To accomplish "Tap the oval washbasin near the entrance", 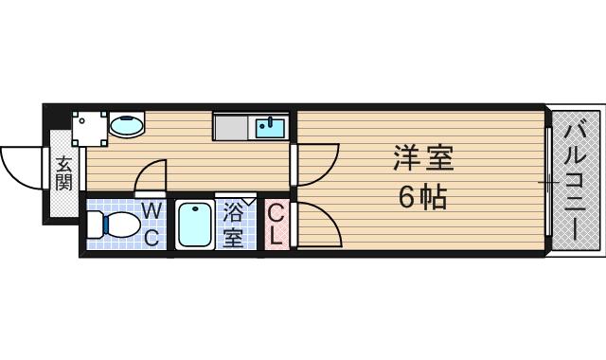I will point(126,124).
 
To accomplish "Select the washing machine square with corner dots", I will point(90,126).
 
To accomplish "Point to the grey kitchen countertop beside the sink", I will point(233,126).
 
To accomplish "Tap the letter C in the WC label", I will point(151,236).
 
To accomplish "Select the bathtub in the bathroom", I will point(194,225).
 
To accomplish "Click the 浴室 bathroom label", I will point(233,225).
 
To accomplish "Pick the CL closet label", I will point(276,225).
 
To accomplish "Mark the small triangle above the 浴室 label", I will point(249,200).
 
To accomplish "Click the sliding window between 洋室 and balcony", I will point(548,180).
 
